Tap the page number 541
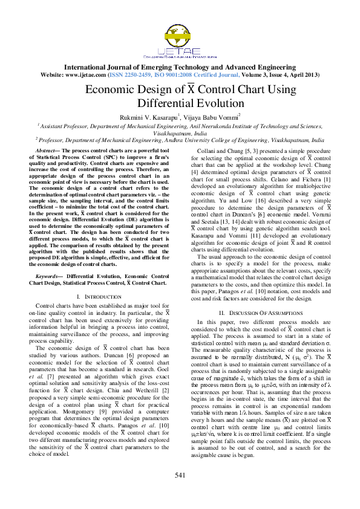click(x=180, y=492)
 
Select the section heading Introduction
click(x=93, y=296)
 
